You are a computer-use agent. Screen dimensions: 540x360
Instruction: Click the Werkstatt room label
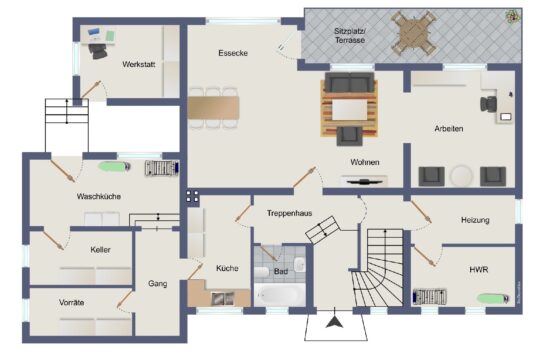coord(138,64)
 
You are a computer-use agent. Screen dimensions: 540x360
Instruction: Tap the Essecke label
coord(233,53)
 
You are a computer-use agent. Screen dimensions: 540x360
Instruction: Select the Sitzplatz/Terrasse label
coord(350,35)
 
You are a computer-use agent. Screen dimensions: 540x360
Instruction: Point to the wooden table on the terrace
coord(414,33)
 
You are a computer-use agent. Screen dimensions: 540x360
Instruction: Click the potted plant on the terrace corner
coord(512,16)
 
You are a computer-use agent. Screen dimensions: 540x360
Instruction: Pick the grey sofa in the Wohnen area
coord(350,82)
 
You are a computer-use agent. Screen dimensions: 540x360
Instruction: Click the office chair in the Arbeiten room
coord(488,104)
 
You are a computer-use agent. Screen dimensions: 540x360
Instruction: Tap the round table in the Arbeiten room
coord(462,176)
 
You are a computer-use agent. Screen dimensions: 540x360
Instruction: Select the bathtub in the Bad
coord(280,295)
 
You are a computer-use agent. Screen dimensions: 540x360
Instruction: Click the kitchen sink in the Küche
coord(222,299)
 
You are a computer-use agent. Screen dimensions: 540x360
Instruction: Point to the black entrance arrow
coord(334,322)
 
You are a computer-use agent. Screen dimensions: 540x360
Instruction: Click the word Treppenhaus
coord(289,213)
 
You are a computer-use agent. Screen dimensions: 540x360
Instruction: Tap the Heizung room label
coord(475,220)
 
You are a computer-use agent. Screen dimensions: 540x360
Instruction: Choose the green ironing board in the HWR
coord(493,298)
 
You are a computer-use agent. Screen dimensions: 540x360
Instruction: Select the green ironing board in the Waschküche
coord(114,166)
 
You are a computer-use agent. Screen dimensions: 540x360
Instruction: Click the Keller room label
coord(100,249)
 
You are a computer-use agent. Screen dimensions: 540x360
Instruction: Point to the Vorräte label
coord(71,302)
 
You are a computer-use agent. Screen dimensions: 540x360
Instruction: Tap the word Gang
coord(158,284)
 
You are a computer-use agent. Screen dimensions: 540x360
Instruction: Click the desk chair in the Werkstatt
coord(97,51)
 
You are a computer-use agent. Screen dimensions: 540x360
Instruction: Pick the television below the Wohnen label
coord(365,182)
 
